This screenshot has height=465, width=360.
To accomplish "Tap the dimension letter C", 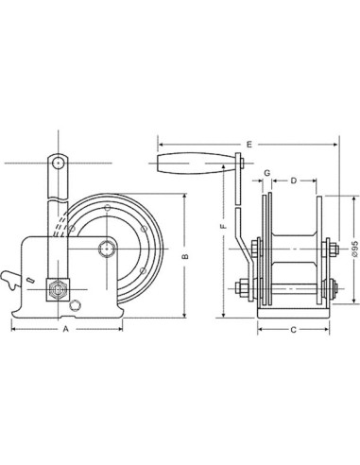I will (294, 331).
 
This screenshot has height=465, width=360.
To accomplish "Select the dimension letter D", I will (294, 179).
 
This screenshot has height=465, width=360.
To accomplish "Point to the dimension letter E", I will (248, 144).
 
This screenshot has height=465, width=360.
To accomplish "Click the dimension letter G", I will (268, 173).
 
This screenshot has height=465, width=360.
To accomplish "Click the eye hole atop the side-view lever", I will (60, 164).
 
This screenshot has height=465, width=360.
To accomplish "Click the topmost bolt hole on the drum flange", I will (108, 208).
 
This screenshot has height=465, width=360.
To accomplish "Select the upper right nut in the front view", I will (333, 250).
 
